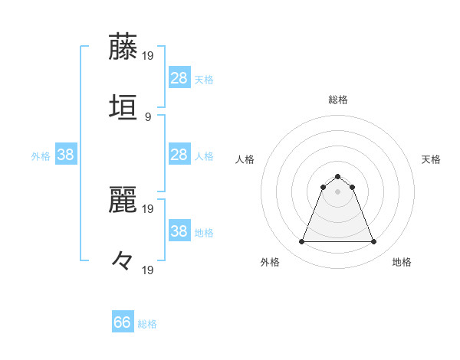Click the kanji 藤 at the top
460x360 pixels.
click(123, 46)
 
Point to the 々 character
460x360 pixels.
click(123, 260)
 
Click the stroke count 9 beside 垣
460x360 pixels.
click(147, 116)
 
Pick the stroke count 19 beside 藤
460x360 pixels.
click(149, 56)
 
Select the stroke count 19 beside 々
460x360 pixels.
click(149, 270)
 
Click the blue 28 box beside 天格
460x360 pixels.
click(179, 78)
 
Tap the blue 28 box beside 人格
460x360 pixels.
click(179, 155)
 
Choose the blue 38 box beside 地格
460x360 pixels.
click(179, 231)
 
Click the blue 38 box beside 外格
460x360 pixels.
click(66, 155)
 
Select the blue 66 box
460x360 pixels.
click(123, 322)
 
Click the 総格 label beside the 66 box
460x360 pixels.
click(147, 324)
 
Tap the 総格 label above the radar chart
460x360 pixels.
click(338, 100)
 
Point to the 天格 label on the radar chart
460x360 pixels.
click(431, 159)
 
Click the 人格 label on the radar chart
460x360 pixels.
click(245, 159)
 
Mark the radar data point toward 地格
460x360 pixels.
click(373, 242)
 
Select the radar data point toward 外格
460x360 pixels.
click(302, 242)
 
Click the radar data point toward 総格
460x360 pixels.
click(338, 176)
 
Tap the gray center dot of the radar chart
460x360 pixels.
click(338, 191)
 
